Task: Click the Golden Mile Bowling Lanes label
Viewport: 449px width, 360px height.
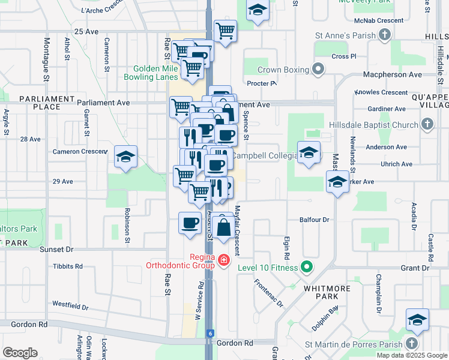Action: (x=151, y=73)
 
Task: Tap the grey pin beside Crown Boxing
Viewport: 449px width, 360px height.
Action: (x=318, y=70)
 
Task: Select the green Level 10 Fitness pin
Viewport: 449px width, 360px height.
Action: (x=307, y=267)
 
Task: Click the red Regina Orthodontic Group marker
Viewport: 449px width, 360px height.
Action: (x=224, y=260)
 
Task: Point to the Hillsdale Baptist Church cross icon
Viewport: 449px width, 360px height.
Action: (x=427, y=125)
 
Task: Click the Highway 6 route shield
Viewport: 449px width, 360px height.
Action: (x=210, y=333)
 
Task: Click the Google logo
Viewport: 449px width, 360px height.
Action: (x=20, y=353)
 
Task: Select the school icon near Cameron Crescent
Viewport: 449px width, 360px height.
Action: (x=125, y=157)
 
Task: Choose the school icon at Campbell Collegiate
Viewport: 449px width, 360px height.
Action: (x=309, y=152)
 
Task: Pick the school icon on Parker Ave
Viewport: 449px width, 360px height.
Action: (x=337, y=182)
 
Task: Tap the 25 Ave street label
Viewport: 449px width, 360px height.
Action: (x=86, y=31)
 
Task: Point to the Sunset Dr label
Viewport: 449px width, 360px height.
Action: (x=56, y=248)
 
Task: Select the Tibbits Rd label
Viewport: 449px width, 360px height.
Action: (x=67, y=266)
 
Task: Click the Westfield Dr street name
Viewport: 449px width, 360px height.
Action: (x=70, y=306)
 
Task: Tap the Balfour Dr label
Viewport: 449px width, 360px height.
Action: (x=318, y=220)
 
